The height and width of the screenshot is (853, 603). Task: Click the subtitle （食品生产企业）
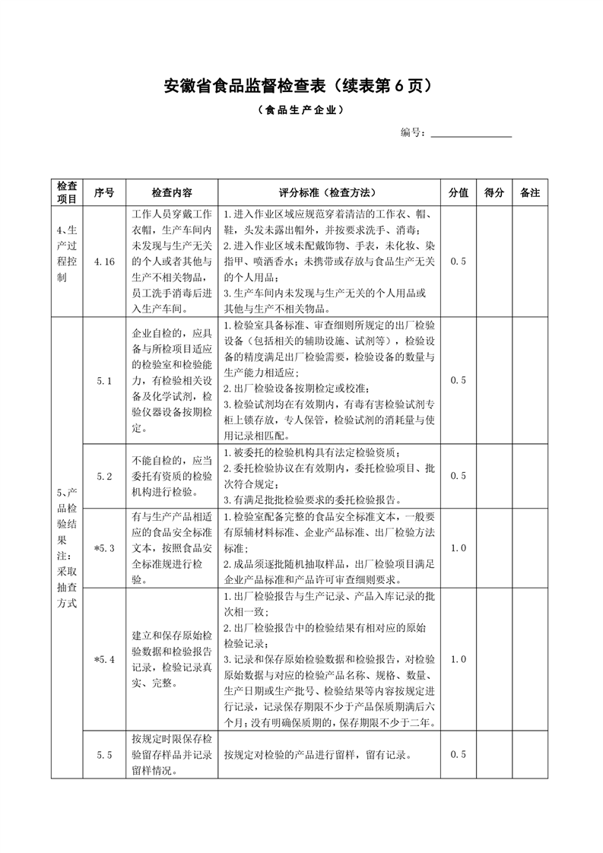[x=300, y=110]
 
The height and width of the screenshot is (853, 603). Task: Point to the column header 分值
[x=458, y=193]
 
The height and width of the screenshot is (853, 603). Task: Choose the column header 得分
[x=494, y=193]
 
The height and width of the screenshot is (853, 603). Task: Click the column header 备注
[x=530, y=193]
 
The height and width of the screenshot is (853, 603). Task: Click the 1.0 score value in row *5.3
[x=458, y=547]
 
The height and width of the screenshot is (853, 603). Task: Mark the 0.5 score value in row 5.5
[x=458, y=755]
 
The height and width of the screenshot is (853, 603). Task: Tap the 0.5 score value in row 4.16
[x=458, y=262]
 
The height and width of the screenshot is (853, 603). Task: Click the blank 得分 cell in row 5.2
[x=494, y=476]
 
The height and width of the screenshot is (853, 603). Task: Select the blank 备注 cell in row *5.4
[x=530, y=659]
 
